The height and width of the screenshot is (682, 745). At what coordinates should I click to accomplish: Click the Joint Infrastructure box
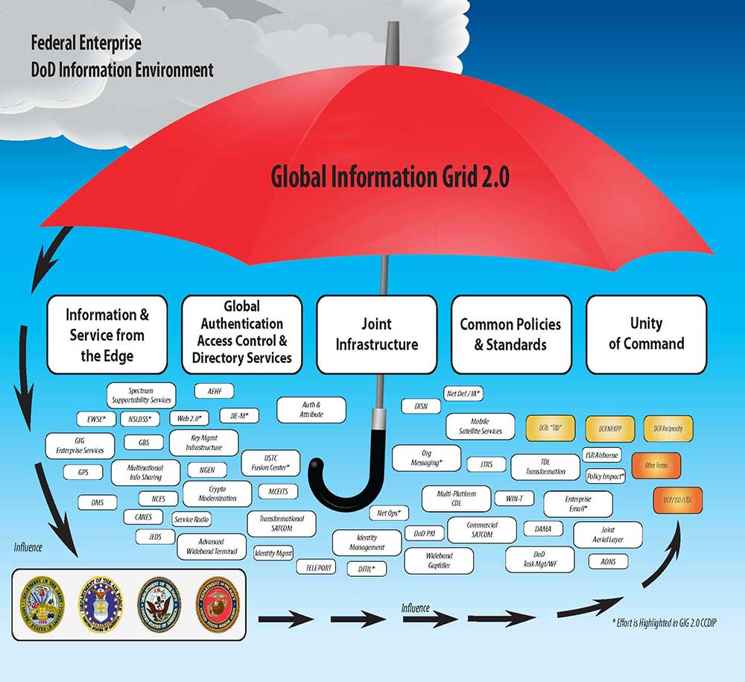pyautogui.click(x=376, y=335)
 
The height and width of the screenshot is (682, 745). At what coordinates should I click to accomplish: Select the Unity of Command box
pyautogui.click(x=646, y=334)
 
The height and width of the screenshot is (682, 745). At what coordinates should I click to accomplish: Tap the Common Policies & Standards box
pyautogui.click(x=512, y=335)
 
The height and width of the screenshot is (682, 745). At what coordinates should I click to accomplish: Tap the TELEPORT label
pyautogui.click(x=316, y=567)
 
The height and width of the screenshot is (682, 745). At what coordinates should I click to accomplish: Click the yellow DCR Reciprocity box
pyautogui.click(x=668, y=429)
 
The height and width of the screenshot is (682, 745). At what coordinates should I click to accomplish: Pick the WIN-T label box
pyautogui.click(x=514, y=497)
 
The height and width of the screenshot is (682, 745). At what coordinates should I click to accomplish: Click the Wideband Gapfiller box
pyautogui.click(x=439, y=561)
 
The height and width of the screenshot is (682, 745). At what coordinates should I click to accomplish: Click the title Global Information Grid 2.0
pyautogui.click(x=390, y=177)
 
